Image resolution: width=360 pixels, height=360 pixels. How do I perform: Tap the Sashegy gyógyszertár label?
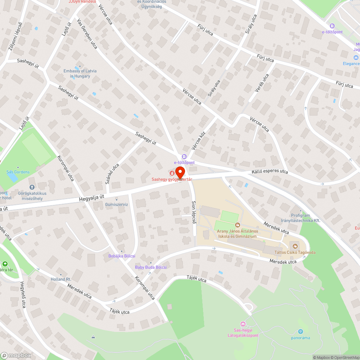click(171, 179)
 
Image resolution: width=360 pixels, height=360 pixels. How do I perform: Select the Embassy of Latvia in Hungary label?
click(80, 73)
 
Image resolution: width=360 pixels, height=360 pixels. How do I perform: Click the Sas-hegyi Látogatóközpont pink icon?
click(243, 324)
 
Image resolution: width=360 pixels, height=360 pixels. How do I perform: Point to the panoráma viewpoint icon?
click(301, 332)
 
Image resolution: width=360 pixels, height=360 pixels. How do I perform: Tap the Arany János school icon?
click(237, 225)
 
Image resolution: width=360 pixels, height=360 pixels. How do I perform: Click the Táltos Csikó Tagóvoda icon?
click(295, 246)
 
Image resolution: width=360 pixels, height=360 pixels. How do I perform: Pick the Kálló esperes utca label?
click(270, 172)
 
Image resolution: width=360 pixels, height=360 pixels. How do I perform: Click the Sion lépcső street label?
click(194, 213)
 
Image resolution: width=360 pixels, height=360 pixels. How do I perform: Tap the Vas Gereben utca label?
click(87, 34)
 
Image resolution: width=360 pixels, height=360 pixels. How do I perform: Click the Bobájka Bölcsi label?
click(122, 256)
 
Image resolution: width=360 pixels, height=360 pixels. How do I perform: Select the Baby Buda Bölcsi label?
click(150, 267)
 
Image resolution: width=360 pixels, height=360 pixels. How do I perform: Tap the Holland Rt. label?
click(61, 279)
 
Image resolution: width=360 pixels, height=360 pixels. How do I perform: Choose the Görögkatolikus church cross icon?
click(32, 187)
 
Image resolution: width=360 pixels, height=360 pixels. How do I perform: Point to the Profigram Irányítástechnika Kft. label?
click(300, 218)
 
